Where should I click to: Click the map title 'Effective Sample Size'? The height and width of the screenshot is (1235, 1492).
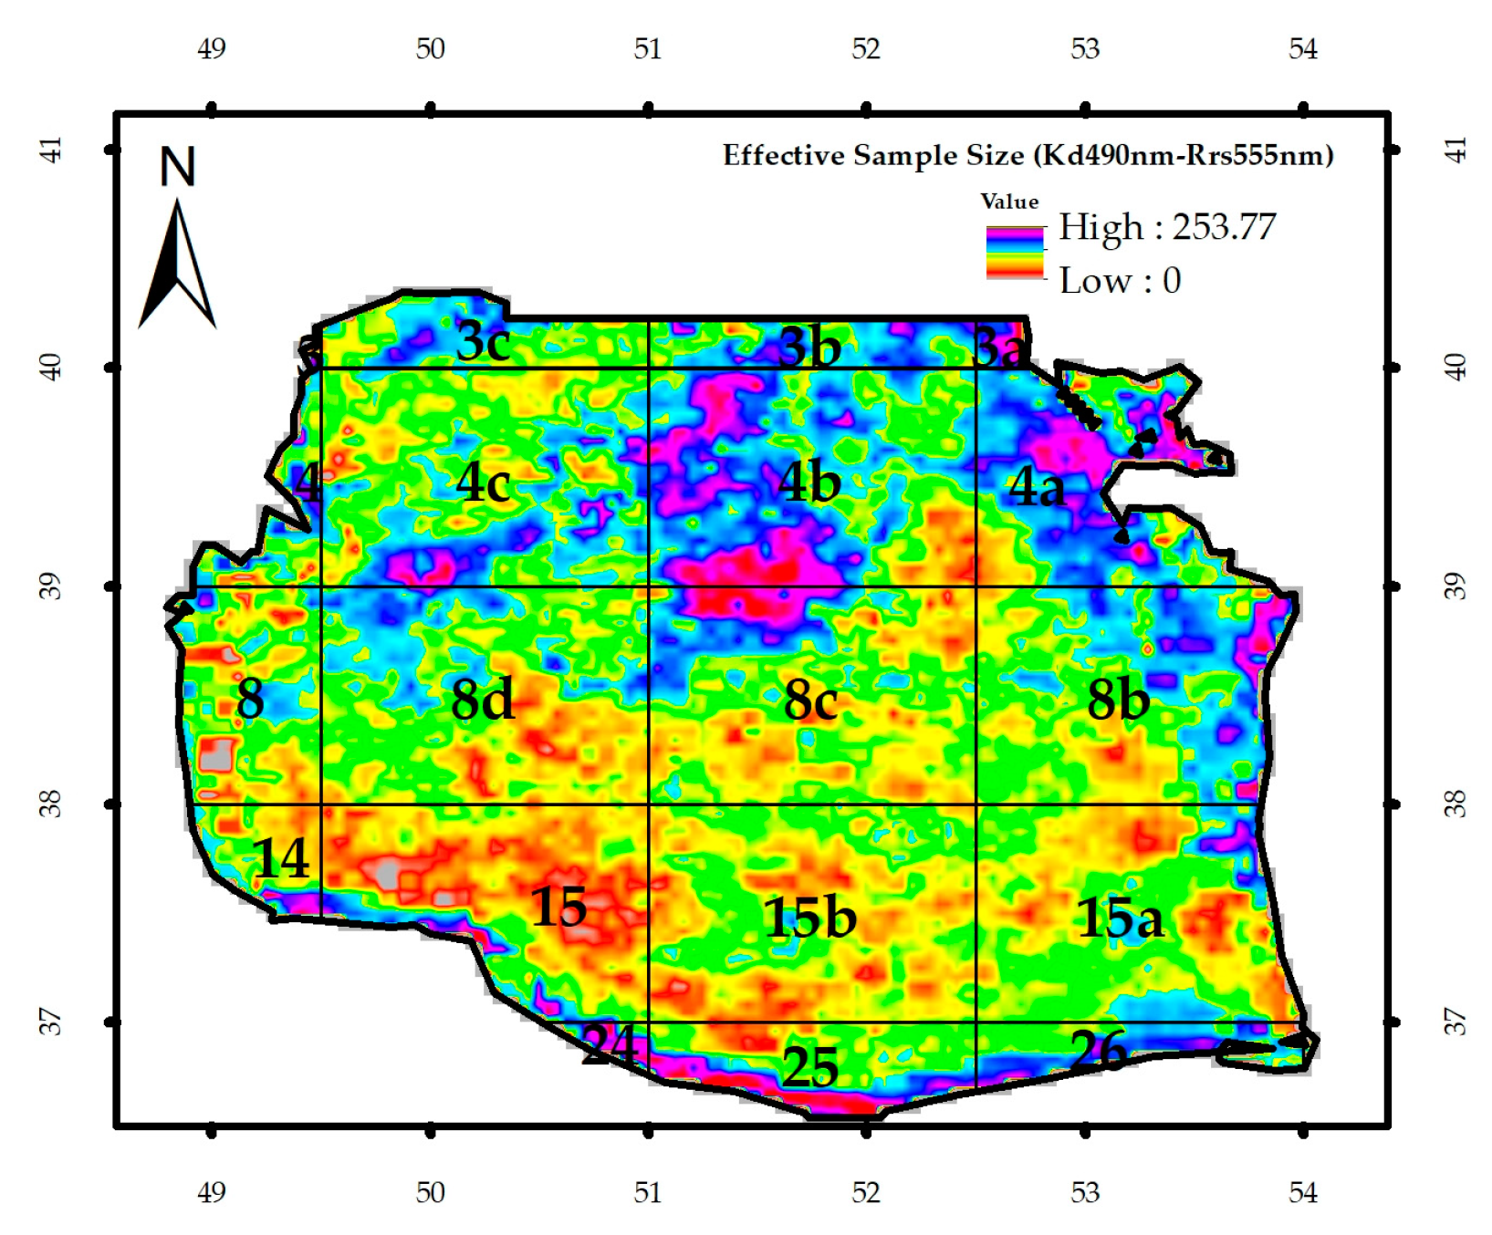tap(1028, 155)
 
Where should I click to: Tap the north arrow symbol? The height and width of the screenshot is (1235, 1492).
tap(177, 265)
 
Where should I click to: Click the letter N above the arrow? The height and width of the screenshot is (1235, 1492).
tap(178, 167)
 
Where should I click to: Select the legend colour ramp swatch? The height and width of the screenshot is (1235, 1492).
tap(1014, 253)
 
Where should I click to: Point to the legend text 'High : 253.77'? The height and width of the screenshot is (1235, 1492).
tap(1166, 227)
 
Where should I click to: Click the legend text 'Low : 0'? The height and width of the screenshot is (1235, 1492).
tap(1120, 281)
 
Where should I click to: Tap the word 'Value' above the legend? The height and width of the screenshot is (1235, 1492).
tap(1009, 202)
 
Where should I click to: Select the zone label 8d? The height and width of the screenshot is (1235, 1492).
tap(482, 701)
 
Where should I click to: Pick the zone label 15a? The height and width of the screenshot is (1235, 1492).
tap(1119, 918)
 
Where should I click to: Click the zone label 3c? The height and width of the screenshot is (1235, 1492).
tap(482, 342)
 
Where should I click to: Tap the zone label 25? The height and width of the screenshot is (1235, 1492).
tap(809, 1066)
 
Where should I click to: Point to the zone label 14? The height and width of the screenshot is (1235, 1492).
tap(280, 858)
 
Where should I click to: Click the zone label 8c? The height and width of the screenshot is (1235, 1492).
tap(809, 701)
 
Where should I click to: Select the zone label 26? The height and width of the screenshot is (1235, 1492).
tap(1098, 1050)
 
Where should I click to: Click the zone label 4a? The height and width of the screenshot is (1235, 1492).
tap(1036, 487)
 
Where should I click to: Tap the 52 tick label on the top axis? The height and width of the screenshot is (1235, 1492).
tap(865, 48)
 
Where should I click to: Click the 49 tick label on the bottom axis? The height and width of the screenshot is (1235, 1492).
tap(211, 1192)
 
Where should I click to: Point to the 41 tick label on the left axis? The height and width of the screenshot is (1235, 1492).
tap(53, 149)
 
